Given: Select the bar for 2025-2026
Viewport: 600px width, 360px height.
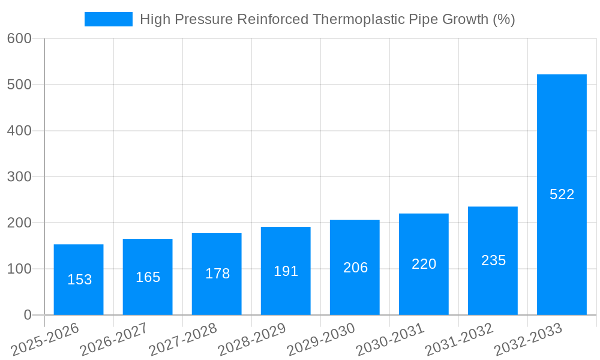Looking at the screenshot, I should [x=79, y=280].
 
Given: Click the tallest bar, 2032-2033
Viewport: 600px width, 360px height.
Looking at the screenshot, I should [x=562, y=194].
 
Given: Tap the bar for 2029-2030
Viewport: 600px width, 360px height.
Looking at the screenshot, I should [x=355, y=268].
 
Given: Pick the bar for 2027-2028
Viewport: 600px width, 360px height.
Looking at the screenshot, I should [x=217, y=274].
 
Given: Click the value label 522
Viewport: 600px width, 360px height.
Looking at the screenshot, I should [x=562, y=194].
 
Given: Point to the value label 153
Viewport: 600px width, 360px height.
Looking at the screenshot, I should [x=79, y=280].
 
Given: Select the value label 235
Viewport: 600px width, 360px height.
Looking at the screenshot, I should [x=493, y=260].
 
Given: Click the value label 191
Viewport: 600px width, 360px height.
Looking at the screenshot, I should [x=286, y=271].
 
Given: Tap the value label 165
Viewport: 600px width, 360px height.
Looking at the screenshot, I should [x=148, y=277].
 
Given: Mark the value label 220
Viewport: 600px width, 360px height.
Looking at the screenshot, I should [x=424, y=264].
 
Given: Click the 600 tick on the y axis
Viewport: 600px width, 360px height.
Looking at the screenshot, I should [x=19, y=38].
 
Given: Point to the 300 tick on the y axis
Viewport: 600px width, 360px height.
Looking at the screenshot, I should [x=19, y=177].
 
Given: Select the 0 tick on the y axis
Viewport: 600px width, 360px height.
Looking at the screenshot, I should [x=27, y=315].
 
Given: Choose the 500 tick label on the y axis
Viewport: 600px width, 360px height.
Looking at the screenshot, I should [x=19, y=85].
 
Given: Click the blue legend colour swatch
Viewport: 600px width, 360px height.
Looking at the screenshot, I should [x=109, y=19].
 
